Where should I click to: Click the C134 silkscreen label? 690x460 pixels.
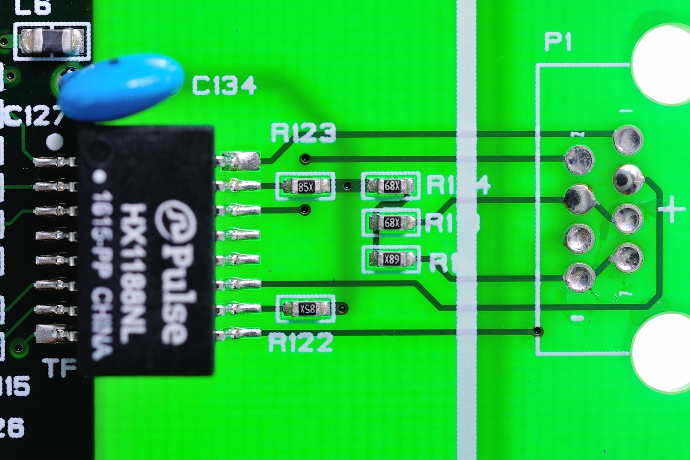(x=224, y=85)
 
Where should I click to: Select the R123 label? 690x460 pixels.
(x=303, y=133)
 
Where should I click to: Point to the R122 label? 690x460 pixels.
(x=301, y=343)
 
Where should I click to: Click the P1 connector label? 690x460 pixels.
(x=558, y=42)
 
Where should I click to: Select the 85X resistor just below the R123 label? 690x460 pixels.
(x=305, y=186)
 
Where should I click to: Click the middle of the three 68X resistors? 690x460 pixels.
(x=392, y=223)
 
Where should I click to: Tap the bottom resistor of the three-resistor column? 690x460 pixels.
(x=392, y=259)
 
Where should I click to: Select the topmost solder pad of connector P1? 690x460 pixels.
(x=627, y=139)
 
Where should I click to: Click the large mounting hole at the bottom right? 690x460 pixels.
(x=662, y=352)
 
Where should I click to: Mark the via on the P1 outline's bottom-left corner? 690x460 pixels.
(x=537, y=331)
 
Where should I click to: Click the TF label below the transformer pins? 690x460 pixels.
(x=62, y=368)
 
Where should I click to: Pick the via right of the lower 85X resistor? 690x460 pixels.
(x=343, y=308)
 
